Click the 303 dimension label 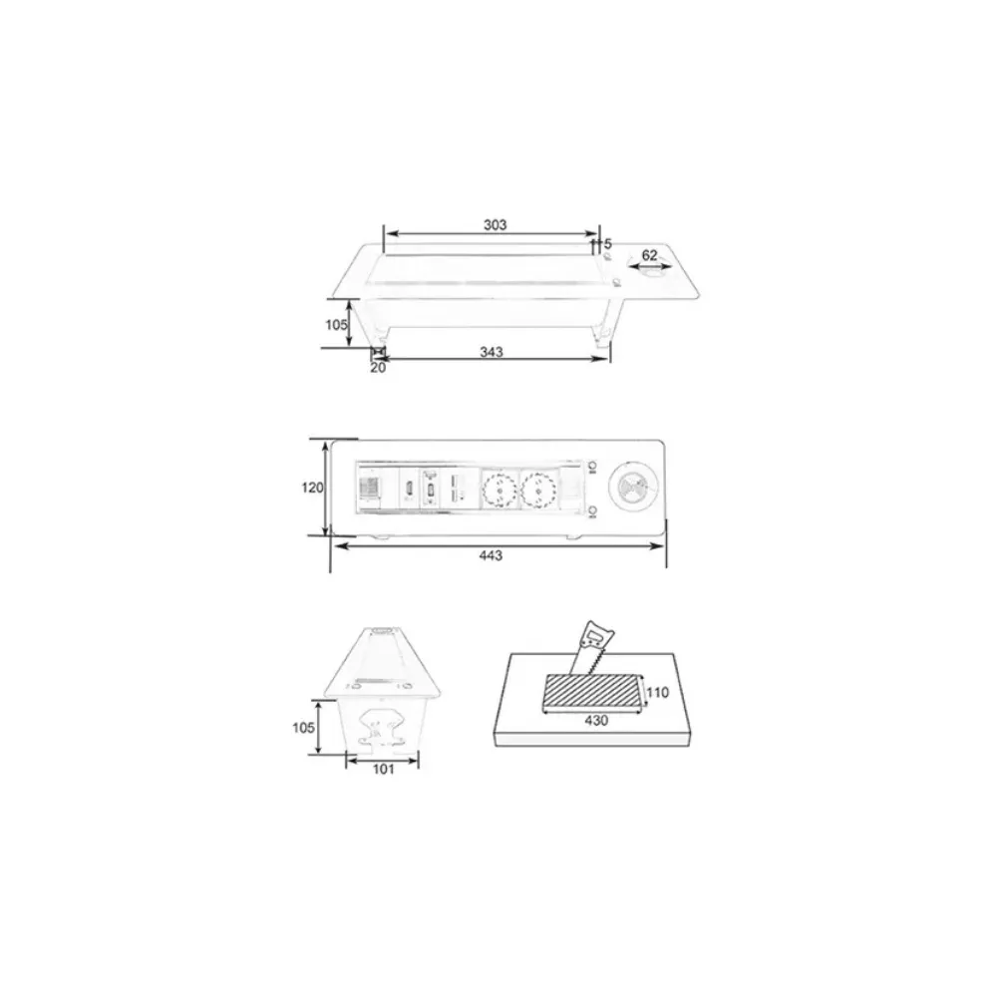point(495,224)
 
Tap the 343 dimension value point(492,352)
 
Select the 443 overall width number point(491,555)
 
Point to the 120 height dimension point(312,488)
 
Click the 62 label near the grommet point(649,255)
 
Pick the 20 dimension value point(378,368)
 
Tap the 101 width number point(384,770)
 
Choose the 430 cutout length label point(596,721)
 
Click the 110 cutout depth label point(657,692)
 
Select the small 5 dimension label point(607,244)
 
